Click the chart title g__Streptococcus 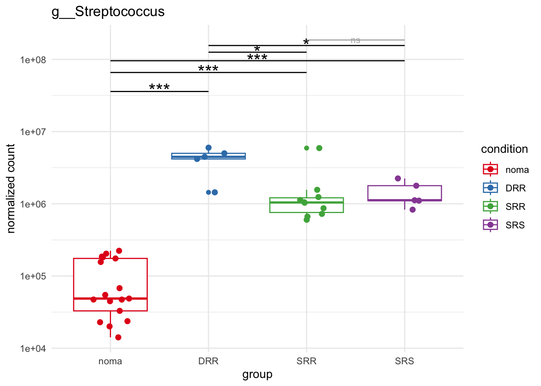point(108,12)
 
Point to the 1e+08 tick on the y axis point(33,60)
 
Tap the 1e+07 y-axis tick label point(33,132)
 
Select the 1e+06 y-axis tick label point(33,204)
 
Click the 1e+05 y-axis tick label point(33,276)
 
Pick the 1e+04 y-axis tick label point(33,349)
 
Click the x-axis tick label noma point(110,361)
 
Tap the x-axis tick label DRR point(209,361)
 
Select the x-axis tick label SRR point(306,361)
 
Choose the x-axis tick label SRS point(405,361)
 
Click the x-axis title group point(257,374)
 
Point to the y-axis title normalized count point(11,188)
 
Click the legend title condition point(504,149)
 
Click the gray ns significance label point(355,40)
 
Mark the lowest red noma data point point(118,337)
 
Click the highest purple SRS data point point(398,179)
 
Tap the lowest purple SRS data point point(413,209)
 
